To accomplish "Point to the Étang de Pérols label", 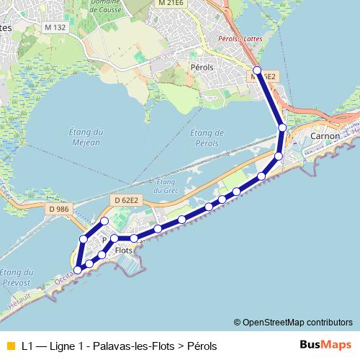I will tap(208, 138).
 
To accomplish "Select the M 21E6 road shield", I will tap(170, 4).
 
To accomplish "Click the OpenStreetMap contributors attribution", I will tap(293, 322).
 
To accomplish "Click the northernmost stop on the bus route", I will tap(257, 71).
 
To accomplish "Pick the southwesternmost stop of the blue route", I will tap(78, 269).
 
